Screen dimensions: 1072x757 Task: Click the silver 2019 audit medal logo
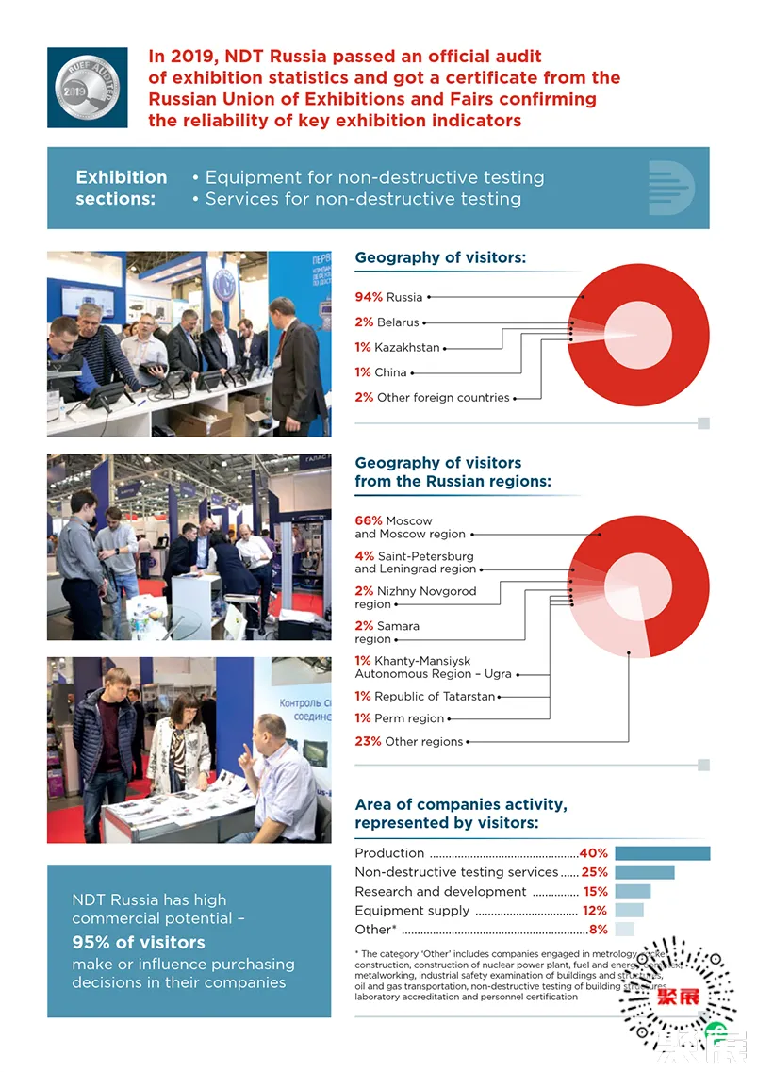pyautogui.click(x=87, y=88)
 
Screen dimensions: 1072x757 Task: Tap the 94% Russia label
pyautogui.click(x=388, y=297)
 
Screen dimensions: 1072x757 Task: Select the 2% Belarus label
pyautogui.click(x=387, y=322)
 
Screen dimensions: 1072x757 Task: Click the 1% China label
pyautogui.click(x=381, y=372)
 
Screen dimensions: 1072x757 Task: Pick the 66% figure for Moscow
pyautogui.click(x=368, y=520)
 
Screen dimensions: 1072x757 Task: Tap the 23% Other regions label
pyautogui.click(x=408, y=741)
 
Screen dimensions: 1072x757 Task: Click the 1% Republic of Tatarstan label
pyautogui.click(x=424, y=696)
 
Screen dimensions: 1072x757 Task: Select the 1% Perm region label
pyautogui.click(x=399, y=718)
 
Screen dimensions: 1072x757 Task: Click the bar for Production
pyautogui.click(x=662, y=853)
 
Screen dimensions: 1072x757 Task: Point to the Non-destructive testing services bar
pyautogui.click(x=644, y=872)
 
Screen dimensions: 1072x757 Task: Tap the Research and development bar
pyautogui.click(x=633, y=891)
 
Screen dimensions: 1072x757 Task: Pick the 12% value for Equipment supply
pyautogui.click(x=595, y=911)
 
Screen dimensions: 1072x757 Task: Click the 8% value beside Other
pyautogui.click(x=598, y=930)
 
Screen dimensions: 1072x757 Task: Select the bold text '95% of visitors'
pyautogui.click(x=139, y=942)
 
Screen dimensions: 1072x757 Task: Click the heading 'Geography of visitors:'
pyautogui.click(x=440, y=257)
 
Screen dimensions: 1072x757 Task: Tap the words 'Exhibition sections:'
pyautogui.click(x=122, y=188)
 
